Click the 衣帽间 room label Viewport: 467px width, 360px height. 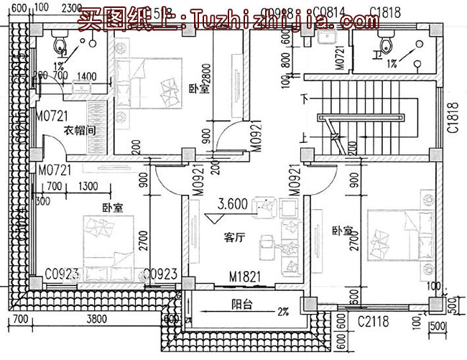pos(81,131)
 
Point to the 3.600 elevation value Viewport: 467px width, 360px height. pos(232,204)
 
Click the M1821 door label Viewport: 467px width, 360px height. pos(244,276)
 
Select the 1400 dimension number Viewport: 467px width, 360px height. pos(86,76)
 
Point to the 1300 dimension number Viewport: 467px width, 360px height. pos(89,187)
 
